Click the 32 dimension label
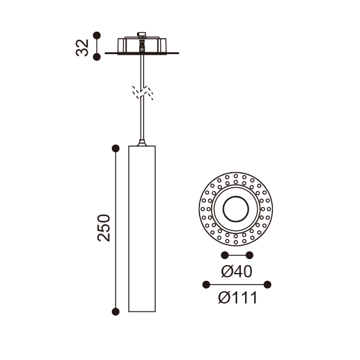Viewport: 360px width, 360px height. (x=82, y=48)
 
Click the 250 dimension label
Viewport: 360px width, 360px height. (x=104, y=228)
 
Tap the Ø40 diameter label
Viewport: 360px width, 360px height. (x=237, y=271)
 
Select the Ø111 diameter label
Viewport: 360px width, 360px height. (x=238, y=298)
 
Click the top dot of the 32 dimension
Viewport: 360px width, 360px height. (x=97, y=35)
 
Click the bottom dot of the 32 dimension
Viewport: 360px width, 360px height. (x=97, y=57)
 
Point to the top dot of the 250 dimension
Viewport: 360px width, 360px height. (x=116, y=148)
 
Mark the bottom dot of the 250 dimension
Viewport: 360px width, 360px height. (x=116, y=311)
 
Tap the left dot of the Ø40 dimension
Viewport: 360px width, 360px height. (x=224, y=255)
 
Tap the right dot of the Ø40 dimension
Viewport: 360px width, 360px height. (x=249, y=255)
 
